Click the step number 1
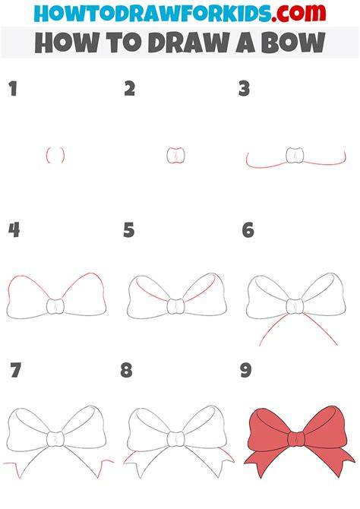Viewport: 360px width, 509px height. (13, 89)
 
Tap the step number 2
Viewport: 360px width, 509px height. (130, 89)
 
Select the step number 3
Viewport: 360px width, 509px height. (244, 89)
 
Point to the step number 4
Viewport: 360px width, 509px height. (14, 230)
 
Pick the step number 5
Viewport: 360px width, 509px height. (129, 230)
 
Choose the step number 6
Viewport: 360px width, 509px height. (248, 230)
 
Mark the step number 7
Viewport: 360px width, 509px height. (16, 371)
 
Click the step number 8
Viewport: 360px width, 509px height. (127, 371)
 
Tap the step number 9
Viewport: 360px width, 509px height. (246, 371)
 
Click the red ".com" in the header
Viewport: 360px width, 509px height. (298, 13)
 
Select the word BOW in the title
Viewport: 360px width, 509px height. (293, 43)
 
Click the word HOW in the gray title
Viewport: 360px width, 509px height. (67, 43)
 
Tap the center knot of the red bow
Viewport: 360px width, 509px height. (296, 439)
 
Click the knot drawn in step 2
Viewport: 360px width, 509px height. (175, 156)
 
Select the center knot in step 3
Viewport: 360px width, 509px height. (295, 155)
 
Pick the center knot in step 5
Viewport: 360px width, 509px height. (175, 306)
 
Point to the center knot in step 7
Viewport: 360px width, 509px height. (55, 439)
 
